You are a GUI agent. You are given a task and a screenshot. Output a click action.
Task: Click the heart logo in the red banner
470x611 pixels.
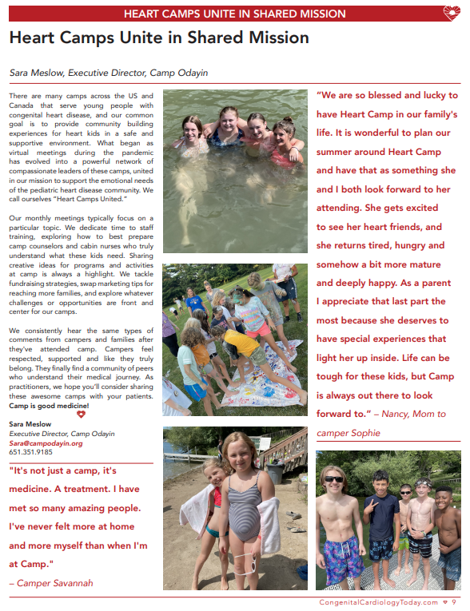point(452,13)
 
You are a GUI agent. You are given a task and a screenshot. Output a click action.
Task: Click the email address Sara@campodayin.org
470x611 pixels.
point(46,442)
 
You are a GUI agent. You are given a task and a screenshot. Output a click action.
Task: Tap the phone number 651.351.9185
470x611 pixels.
point(31,451)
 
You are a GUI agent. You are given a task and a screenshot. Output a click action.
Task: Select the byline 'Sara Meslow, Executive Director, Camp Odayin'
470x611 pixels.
point(108,72)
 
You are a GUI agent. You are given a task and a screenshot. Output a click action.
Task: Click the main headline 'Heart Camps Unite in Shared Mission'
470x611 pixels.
point(158,38)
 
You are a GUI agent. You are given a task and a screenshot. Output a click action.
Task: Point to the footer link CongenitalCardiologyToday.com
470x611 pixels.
point(378,602)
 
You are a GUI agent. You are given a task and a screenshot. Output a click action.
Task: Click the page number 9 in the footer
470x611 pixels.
point(454,602)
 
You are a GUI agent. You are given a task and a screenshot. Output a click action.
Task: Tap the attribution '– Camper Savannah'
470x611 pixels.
point(50,582)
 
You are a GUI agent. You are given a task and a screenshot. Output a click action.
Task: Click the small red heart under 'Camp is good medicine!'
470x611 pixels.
point(79,414)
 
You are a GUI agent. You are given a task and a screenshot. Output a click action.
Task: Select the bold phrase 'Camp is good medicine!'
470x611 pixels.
point(49,406)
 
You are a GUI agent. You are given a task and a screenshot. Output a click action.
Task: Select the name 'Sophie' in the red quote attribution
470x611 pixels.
point(364,433)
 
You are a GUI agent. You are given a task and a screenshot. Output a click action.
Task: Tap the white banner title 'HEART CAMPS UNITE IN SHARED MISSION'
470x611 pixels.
point(234,14)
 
